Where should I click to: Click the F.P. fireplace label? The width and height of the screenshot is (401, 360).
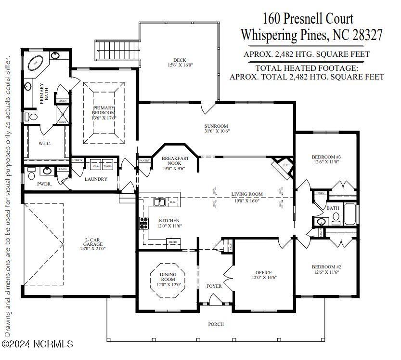pos(285,165)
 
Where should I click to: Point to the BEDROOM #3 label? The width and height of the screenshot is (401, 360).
pos(326,157)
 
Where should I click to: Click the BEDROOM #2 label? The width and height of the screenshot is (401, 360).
pos(326,267)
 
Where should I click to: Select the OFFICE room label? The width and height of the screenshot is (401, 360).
pos(263,272)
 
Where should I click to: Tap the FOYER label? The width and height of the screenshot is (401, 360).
pos(214,286)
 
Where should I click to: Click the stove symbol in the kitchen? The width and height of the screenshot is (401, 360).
pos(143,223)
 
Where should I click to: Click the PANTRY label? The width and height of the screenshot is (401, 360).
pos(144,160)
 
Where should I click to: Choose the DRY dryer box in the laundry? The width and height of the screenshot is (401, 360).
pos(95,165)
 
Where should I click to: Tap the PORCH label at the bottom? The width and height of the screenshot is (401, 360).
pos(216,324)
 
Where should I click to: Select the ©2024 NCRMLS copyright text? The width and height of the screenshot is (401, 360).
pos(38,344)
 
